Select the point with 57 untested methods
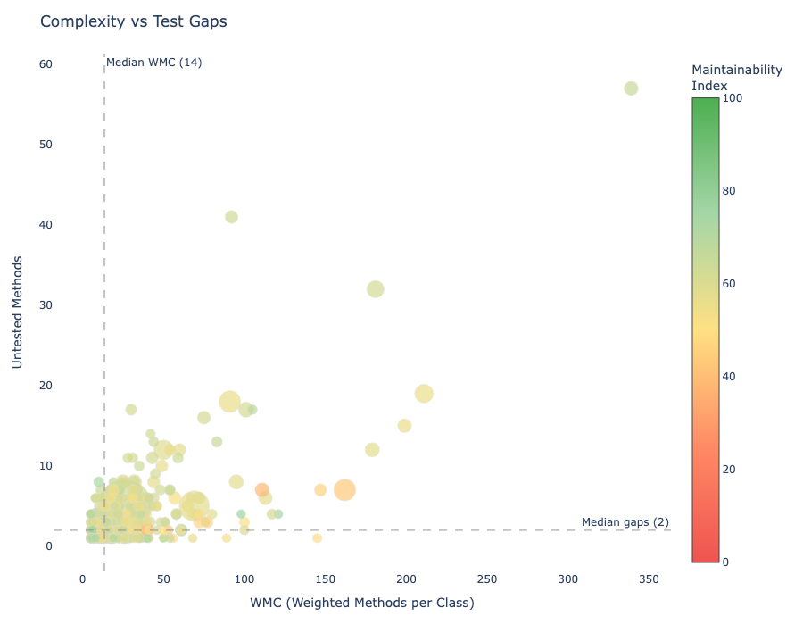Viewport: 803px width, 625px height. click(x=631, y=88)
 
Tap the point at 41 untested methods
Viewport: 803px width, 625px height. click(x=231, y=217)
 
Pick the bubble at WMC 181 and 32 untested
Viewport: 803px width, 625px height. click(x=376, y=289)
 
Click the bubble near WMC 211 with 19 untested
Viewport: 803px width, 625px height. click(x=424, y=394)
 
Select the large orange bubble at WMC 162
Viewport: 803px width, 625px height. click(x=344, y=489)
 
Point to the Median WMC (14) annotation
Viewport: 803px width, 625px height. click(x=153, y=62)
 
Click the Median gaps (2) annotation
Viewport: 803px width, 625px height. click(x=625, y=522)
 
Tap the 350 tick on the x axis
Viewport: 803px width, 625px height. click(x=649, y=579)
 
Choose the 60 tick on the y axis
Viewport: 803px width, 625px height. click(x=46, y=64)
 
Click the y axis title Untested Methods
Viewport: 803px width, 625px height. click(x=18, y=312)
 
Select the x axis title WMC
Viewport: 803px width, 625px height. click(x=362, y=603)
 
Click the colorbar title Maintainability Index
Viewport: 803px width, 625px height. click(x=736, y=77)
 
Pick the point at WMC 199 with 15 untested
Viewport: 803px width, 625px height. click(x=404, y=426)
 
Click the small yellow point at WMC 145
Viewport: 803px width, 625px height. click(x=317, y=538)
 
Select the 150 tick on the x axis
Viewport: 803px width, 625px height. click(x=326, y=579)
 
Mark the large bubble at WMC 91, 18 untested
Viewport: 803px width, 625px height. click(x=229, y=402)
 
